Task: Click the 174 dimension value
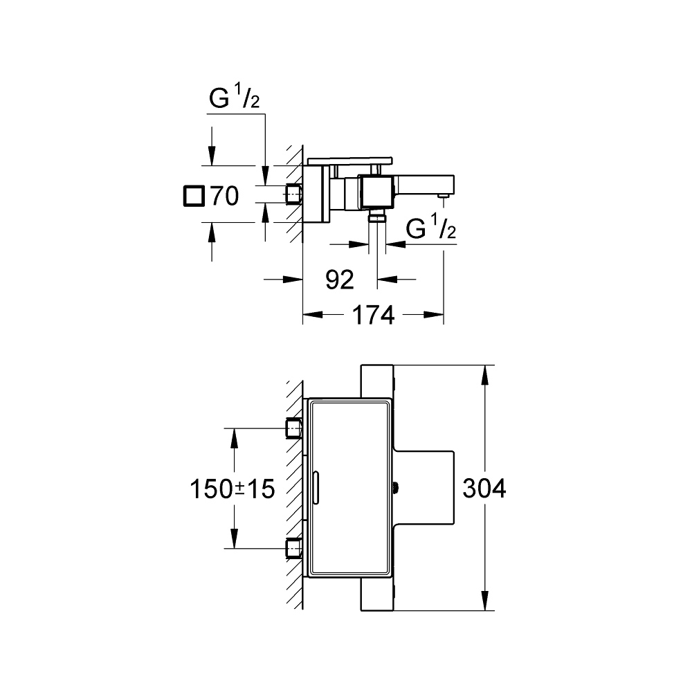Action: tap(373, 316)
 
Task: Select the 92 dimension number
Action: tap(339, 280)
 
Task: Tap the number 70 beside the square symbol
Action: tap(225, 197)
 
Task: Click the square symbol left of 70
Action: tap(194, 197)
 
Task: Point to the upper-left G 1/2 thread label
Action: tap(235, 100)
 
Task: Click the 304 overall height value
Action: tap(485, 489)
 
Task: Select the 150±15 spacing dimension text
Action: tap(233, 489)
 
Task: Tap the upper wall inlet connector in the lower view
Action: tap(294, 429)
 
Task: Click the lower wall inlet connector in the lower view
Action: tap(294, 549)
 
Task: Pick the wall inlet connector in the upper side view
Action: tap(294, 194)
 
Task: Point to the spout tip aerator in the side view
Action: tap(442, 199)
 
